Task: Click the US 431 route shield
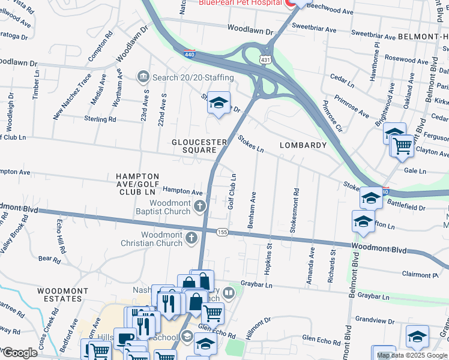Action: click(265, 61)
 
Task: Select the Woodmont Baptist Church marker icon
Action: click(200, 207)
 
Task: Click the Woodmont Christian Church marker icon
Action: click(191, 238)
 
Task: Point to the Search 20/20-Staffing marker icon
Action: click(143, 77)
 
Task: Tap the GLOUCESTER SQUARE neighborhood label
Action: click(199, 146)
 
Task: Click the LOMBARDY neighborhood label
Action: click(303, 145)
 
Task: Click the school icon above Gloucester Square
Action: click(219, 103)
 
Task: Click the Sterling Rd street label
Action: click(100, 119)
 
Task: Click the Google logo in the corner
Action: click(19, 353)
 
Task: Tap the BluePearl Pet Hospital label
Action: click(240, 3)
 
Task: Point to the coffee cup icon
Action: click(124, 340)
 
